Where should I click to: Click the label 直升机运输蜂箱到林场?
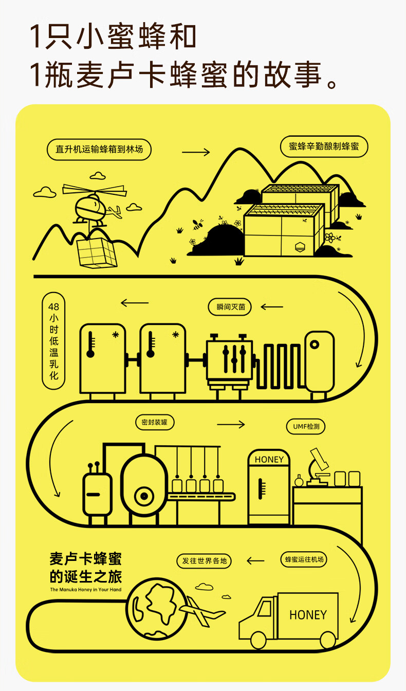point(99,150)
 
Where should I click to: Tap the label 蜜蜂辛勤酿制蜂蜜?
point(324,146)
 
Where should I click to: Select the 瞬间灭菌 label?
point(230,307)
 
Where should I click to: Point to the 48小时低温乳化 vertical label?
point(53,340)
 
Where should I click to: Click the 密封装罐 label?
point(155,422)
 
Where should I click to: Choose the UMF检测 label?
point(306,426)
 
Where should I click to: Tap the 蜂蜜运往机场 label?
point(304,559)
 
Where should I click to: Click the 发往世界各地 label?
point(204,560)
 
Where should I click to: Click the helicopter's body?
point(90,209)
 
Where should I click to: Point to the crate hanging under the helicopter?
point(97,252)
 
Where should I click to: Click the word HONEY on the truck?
point(308,615)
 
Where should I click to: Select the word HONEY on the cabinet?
point(269,460)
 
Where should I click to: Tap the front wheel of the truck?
point(259,640)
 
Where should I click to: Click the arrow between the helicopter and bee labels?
point(196,152)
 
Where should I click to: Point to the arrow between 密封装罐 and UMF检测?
point(231,425)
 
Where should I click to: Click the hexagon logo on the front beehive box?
point(300,247)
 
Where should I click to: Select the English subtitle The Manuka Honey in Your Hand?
point(86,590)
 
